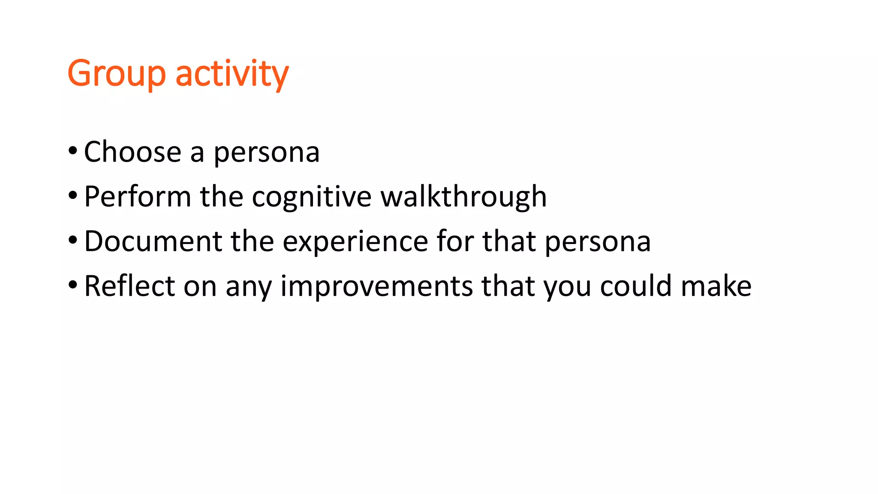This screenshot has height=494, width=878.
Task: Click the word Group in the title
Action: coord(116,74)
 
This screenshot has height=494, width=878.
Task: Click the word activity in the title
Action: coord(232,74)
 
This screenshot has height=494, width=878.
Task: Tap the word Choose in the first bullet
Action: coord(132,152)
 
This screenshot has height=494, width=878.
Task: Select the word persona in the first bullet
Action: coord(266,153)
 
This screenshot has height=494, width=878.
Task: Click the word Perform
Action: coord(137,197)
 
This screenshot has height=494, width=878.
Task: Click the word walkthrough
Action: coord(463,197)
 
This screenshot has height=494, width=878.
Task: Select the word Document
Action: coord(153,241)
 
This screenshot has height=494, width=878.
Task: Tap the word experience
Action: coord(355,242)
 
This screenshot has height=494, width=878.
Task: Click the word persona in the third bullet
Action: coord(598,242)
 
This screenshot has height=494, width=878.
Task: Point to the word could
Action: coord(636,286)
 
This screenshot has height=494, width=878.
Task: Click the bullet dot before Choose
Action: coord(73,151)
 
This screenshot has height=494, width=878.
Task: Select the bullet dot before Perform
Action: coord(73,196)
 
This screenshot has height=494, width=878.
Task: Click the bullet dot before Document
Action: coord(73,240)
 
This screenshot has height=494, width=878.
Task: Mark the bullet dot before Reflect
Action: coord(73,285)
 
